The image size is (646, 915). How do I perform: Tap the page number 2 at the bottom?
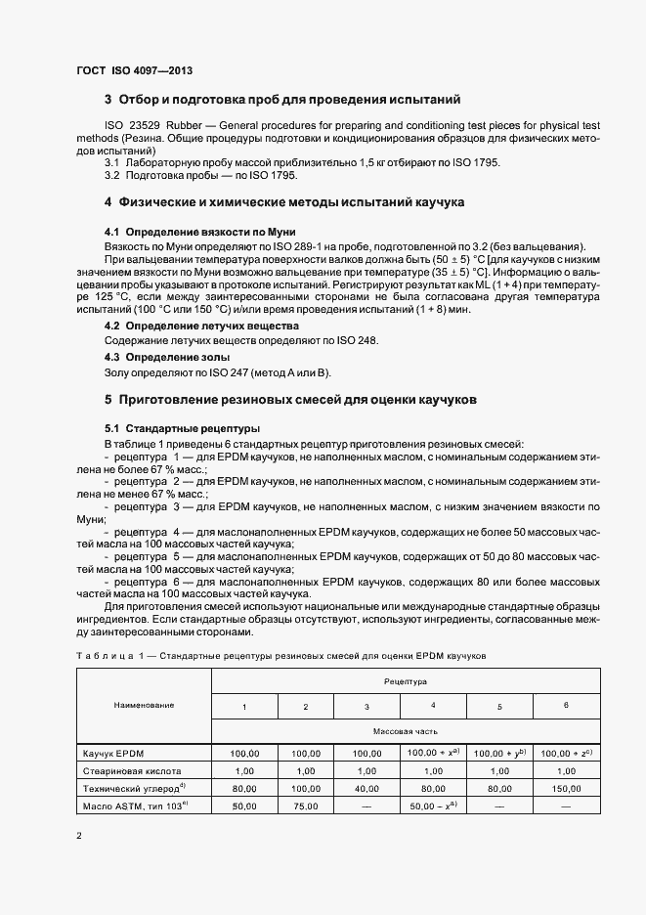(x=79, y=836)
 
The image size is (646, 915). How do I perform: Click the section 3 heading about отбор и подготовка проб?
(x=276, y=100)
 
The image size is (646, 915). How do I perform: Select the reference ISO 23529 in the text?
(x=134, y=126)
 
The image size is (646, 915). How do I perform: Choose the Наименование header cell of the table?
(x=144, y=705)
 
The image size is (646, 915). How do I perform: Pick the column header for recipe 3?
(x=366, y=706)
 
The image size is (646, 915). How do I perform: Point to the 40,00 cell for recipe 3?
(x=366, y=788)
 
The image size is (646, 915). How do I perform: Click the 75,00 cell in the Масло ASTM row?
(x=306, y=806)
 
